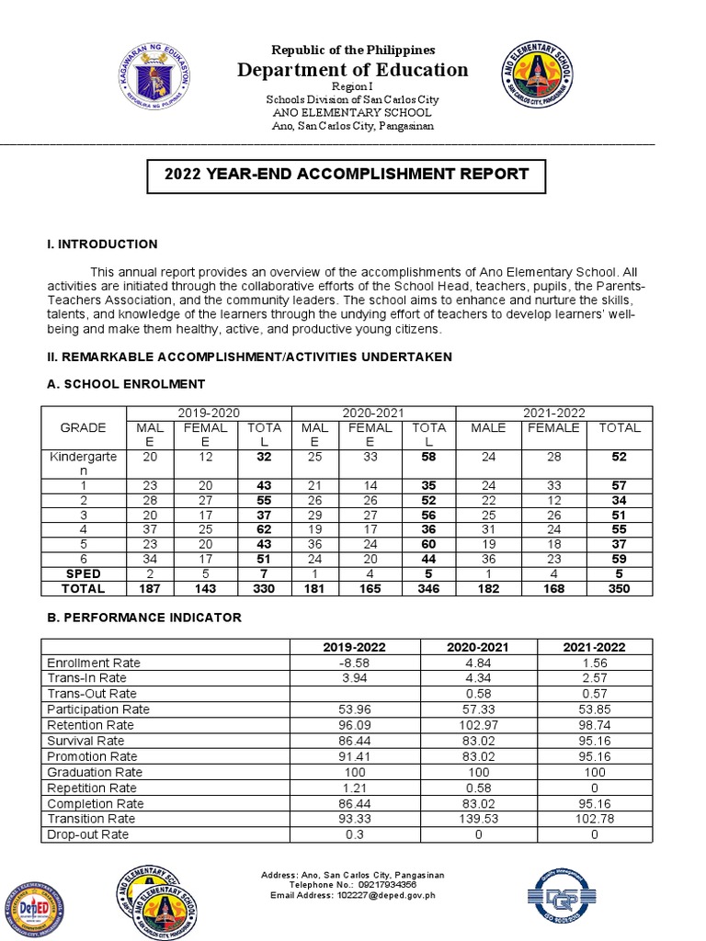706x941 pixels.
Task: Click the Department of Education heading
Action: click(353, 71)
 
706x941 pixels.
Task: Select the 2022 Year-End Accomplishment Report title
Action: click(346, 174)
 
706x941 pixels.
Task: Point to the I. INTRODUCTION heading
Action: click(102, 244)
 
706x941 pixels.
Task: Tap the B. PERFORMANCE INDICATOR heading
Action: click(143, 618)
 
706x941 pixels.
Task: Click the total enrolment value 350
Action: click(619, 588)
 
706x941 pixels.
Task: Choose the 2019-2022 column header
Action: click(355, 647)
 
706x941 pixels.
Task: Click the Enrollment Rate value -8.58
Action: click(355, 663)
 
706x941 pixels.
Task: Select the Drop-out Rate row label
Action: click(88, 834)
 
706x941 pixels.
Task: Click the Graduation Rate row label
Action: click(95, 772)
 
